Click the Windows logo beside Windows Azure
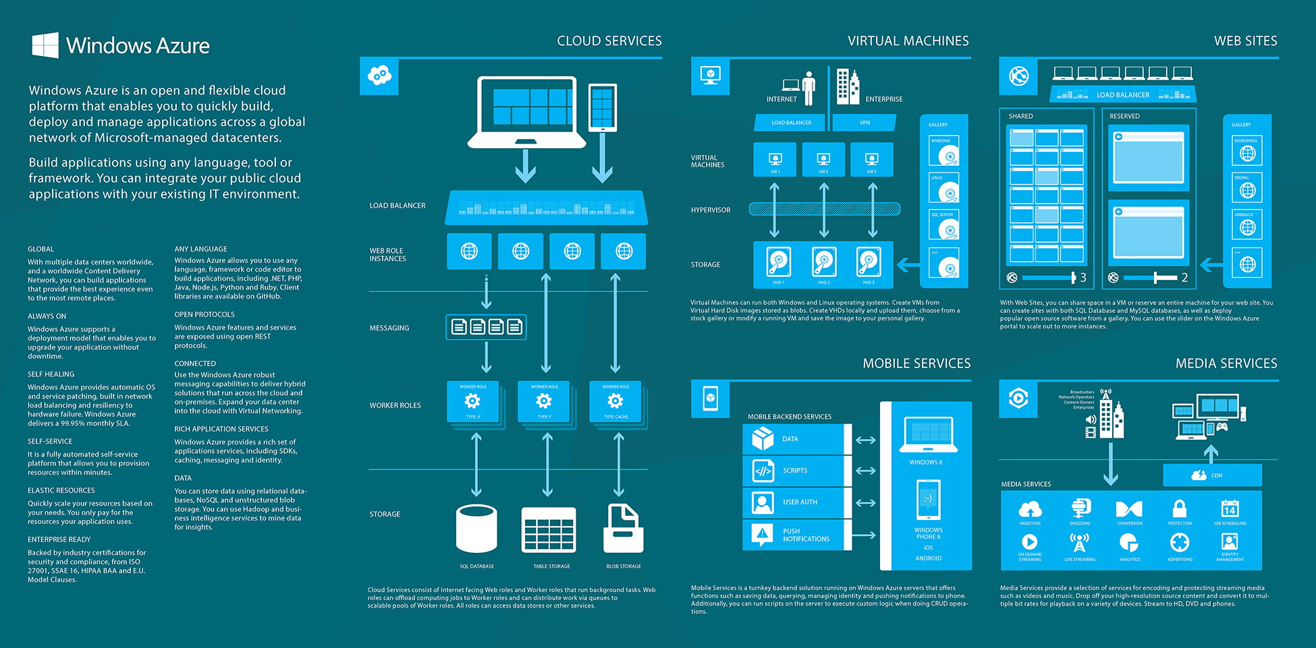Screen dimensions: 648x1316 point(45,45)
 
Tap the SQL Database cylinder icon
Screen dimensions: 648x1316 point(476,529)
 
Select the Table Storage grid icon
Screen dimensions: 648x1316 point(549,530)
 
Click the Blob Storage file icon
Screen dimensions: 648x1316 point(623,529)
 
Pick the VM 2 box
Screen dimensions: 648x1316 point(823,160)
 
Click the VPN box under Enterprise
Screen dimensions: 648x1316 point(865,123)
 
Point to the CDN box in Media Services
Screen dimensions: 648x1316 point(1212,475)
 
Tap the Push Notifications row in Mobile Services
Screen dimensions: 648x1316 point(797,535)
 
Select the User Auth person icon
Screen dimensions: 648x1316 point(763,502)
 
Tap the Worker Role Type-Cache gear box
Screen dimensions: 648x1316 point(615,402)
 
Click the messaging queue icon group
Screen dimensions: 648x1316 point(486,327)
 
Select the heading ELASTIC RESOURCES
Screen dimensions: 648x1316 point(61,490)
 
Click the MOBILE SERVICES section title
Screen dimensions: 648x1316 point(916,363)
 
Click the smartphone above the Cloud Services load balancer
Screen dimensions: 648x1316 point(602,107)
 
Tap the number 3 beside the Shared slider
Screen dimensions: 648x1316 point(1083,277)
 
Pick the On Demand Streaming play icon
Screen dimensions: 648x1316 point(1029,541)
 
